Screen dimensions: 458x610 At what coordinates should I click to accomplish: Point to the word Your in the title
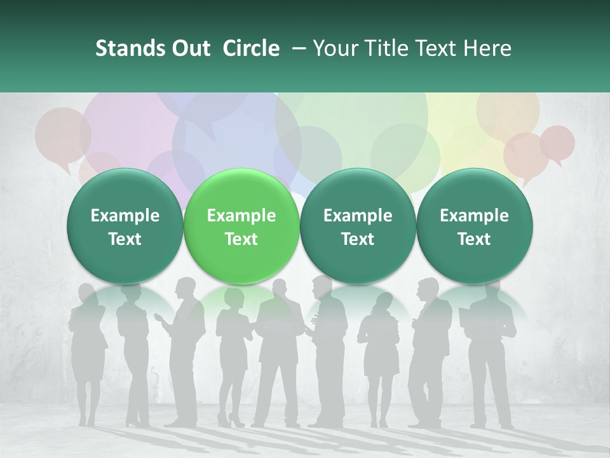(334, 48)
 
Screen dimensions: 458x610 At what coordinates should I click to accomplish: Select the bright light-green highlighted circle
(241, 226)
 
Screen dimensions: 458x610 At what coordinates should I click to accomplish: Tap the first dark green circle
(125, 226)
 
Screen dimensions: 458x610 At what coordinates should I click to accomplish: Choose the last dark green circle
(475, 226)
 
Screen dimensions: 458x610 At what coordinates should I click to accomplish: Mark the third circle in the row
(358, 226)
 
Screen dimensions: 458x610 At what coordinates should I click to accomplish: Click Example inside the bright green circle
(241, 216)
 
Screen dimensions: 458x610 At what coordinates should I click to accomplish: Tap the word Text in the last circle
(475, 239)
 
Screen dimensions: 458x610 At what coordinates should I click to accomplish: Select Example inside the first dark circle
(125, 216)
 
